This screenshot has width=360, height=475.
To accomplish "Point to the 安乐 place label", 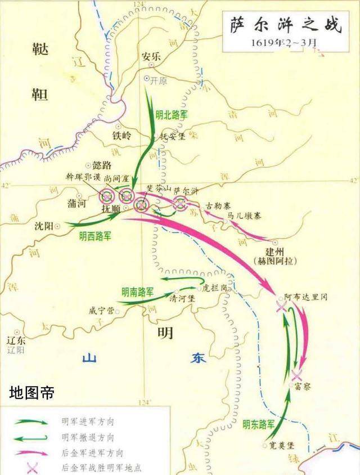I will click(147, 56).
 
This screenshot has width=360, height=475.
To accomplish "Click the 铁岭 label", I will click(121, 136).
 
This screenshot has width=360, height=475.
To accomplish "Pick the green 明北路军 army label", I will click(172, 114).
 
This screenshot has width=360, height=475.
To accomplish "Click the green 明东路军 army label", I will click(259, 424).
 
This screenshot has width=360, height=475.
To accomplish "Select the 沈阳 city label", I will click(43, 226).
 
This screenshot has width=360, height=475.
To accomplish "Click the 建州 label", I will click(281, 252).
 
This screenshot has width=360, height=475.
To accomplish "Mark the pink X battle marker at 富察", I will click(297, 375).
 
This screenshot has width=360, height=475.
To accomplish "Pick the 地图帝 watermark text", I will click(33, 392).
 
